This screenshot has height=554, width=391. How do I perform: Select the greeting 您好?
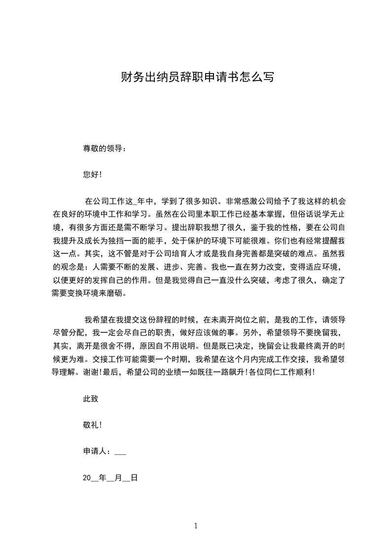92,174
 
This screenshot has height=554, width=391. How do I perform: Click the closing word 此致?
91,399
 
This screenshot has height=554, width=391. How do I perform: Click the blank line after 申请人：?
120,452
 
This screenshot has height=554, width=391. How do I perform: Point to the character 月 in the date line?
118,478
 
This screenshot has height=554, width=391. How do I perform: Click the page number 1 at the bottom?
196,526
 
